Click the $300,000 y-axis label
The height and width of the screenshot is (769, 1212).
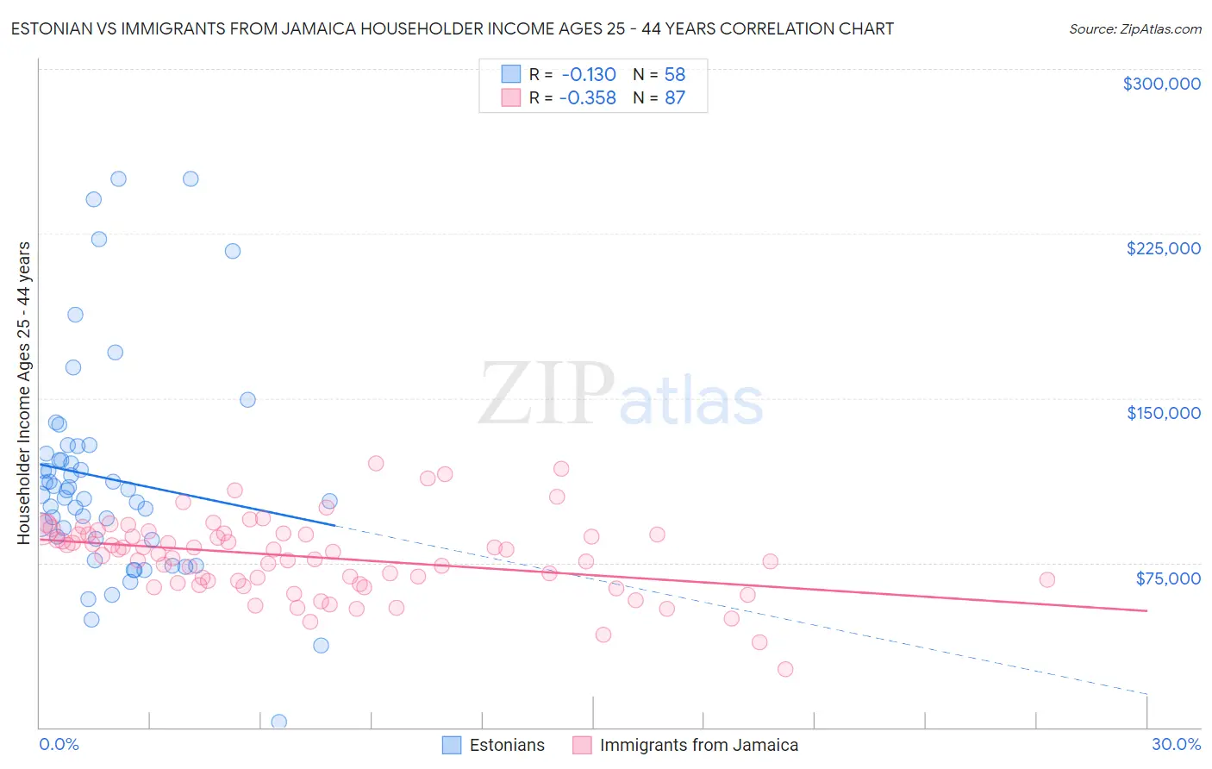point(1161,84)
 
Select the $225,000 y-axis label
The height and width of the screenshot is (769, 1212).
point(1163,248)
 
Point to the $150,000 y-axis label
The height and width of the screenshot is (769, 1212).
point(1163,413)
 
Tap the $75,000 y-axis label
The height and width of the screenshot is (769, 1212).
point(1168,578)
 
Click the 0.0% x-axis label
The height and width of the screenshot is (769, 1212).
point(59,744)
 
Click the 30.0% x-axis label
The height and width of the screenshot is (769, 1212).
point(1176,744)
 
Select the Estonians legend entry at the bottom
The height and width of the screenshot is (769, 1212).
point(507,745)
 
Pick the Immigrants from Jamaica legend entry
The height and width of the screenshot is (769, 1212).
point(698,745)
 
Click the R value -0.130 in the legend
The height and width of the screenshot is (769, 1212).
point(588,74)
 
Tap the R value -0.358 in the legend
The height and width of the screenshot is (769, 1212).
point(588,98)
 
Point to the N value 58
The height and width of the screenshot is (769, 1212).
point(674,74)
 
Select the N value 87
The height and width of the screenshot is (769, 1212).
point(674,98)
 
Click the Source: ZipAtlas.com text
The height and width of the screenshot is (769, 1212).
point(1134,28)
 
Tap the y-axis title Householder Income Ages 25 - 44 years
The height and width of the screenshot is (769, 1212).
point(24,392)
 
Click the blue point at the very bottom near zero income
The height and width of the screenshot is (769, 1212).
point(278,722)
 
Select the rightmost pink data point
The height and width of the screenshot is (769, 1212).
point(1046,579)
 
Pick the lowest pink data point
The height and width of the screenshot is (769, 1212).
point(784,669)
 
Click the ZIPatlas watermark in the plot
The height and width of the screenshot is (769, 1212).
point(621,395)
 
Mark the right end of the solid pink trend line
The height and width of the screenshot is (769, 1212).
point(1146,610)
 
